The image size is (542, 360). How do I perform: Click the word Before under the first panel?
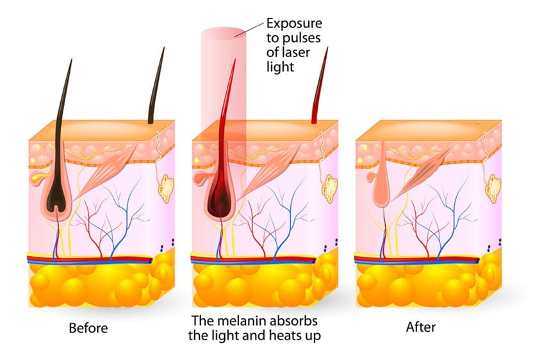(88, 328)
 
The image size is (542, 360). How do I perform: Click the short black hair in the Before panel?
(156, 86)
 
